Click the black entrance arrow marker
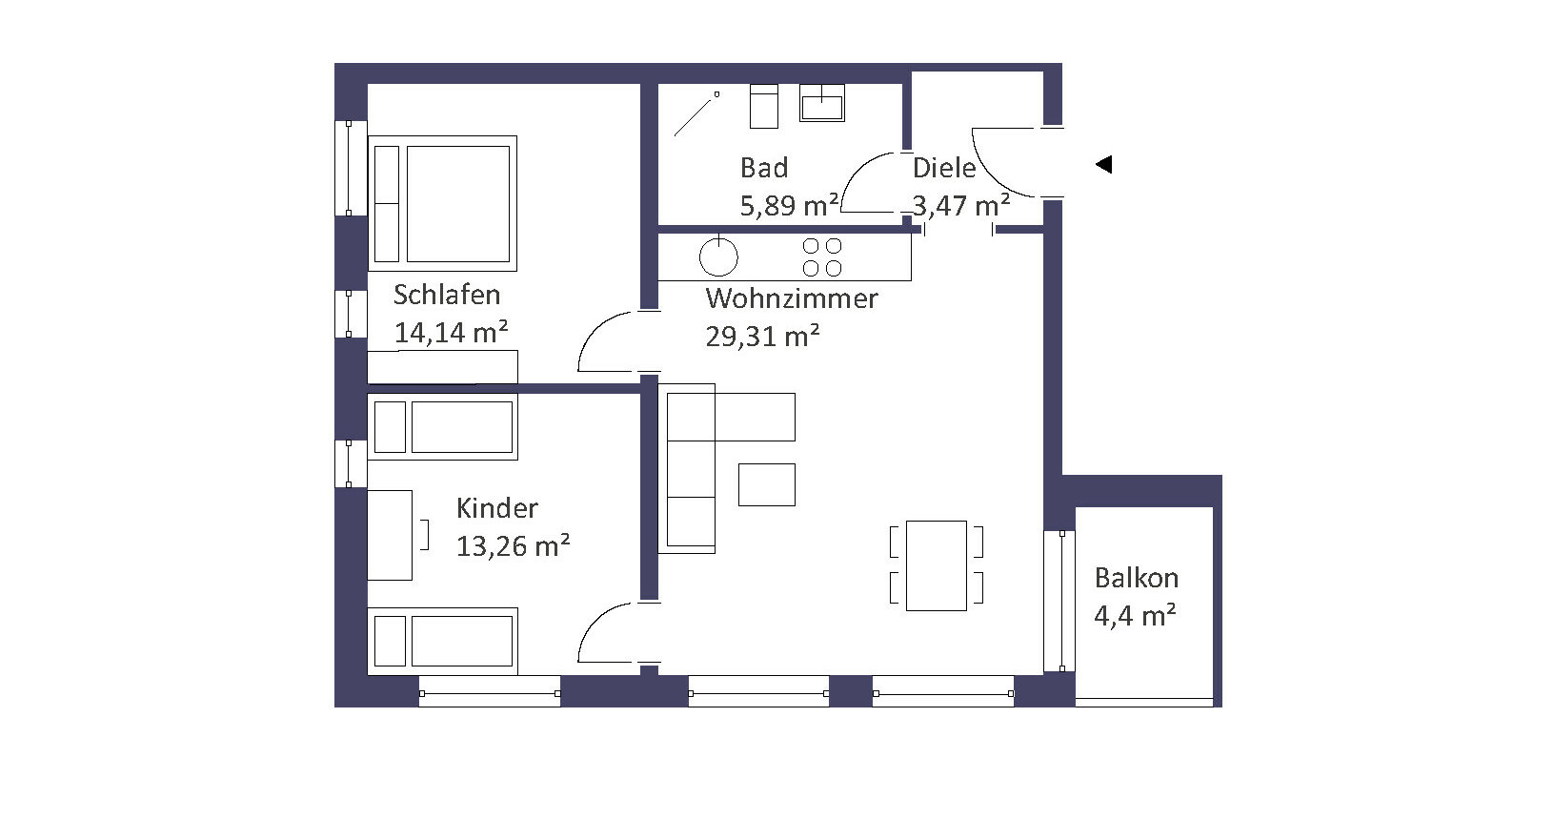(1103, 164)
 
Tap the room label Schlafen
(447, 295)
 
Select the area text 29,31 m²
(762, 336)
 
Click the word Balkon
(1137, 577)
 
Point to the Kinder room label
(496, 508)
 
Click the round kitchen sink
(718, 256)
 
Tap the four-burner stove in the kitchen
(822, 256)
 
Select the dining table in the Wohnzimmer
(936, 565)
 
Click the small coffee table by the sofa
(767, 484)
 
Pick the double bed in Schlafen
(442, 203)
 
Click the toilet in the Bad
(764, 106)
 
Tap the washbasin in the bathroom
(821, 103)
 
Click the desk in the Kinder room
(390, 535)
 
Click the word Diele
(944, 168)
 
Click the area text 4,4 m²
(1135, 615)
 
